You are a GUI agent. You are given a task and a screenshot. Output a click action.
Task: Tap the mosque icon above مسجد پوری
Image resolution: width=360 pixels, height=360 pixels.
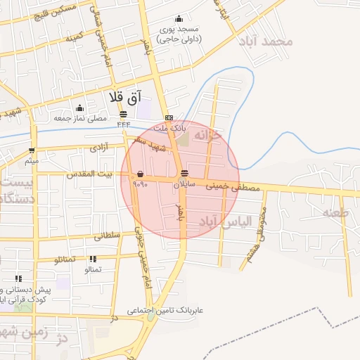click(x=179, y=19)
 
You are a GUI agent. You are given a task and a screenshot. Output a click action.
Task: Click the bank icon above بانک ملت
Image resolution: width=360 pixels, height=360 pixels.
click(x=169, y=118)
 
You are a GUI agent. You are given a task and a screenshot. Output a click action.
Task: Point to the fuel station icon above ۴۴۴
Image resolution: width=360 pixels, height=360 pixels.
click(x=124, y=113)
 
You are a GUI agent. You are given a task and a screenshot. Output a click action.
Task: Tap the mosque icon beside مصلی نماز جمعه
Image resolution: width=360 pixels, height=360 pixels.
click(x=79, y=108)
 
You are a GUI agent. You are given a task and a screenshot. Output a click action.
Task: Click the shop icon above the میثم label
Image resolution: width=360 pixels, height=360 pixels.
click(x=32, y=150)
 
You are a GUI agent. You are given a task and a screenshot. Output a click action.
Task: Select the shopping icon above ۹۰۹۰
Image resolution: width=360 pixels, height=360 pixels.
click(x=141, y=173)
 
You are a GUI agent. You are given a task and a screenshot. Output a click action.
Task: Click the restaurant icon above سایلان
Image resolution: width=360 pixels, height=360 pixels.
click(x=184, y=173)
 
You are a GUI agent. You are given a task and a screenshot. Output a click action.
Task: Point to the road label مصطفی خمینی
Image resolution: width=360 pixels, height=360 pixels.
click(x=232, y=187)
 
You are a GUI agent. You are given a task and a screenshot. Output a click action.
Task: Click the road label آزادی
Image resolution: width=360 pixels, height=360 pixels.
click(x=97, y=148)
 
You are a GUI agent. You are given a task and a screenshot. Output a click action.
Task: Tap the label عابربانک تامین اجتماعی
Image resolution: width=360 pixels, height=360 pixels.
click(x=165, y=309)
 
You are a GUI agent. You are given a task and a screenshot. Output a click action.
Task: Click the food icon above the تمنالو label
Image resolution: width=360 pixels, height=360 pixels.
click(x=93, y=259)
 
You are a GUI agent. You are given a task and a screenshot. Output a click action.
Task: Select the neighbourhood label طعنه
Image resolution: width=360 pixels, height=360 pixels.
click(x=335, y=211)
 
